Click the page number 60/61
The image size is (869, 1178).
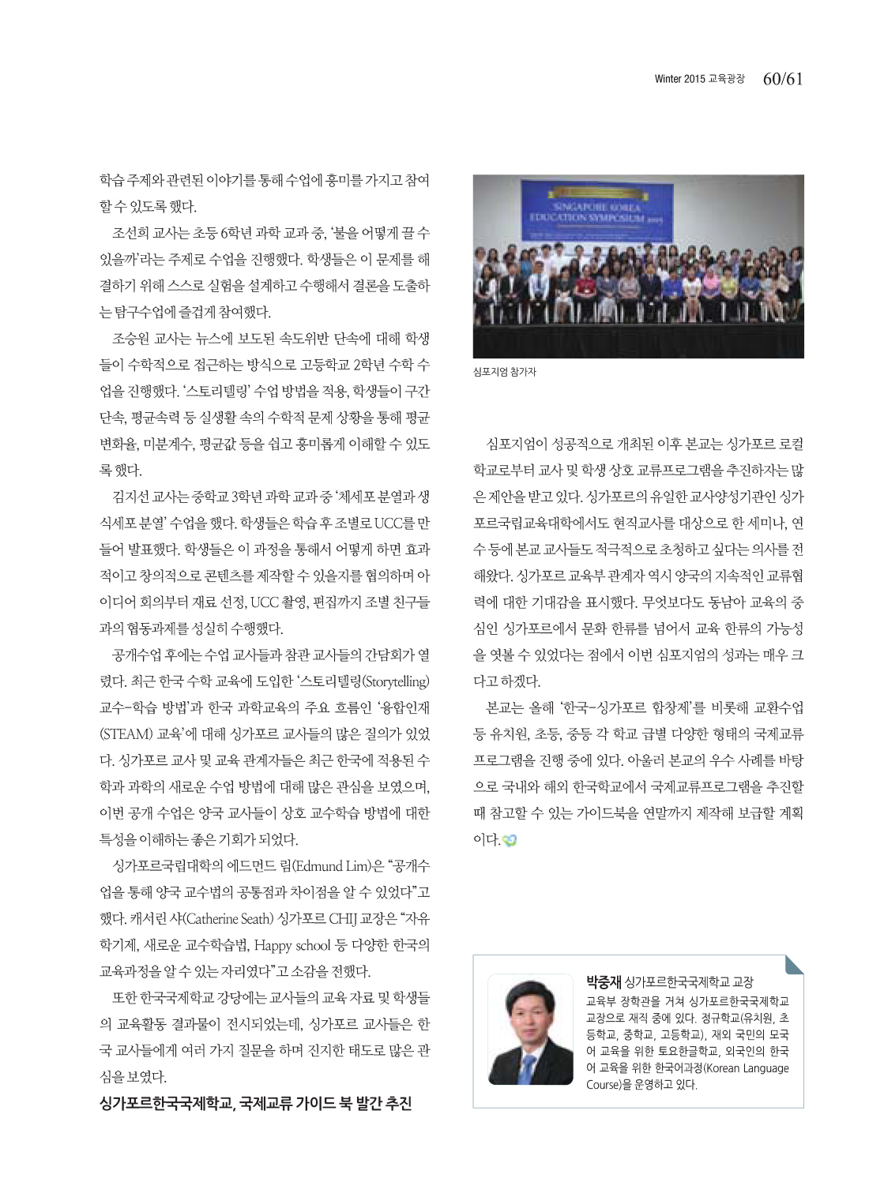click(782, 79)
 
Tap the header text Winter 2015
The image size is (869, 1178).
click(679, 79)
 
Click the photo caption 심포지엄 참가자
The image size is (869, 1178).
click(504, 372)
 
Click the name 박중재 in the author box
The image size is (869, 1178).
click(604, 982)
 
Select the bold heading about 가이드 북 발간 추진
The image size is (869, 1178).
click(255, 1103)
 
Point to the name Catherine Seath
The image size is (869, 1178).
click(230, 919)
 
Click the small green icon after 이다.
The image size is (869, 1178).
click(510, 840)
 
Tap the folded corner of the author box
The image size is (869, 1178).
click(794, 964)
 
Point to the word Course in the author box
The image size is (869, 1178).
click(604, 1085)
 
